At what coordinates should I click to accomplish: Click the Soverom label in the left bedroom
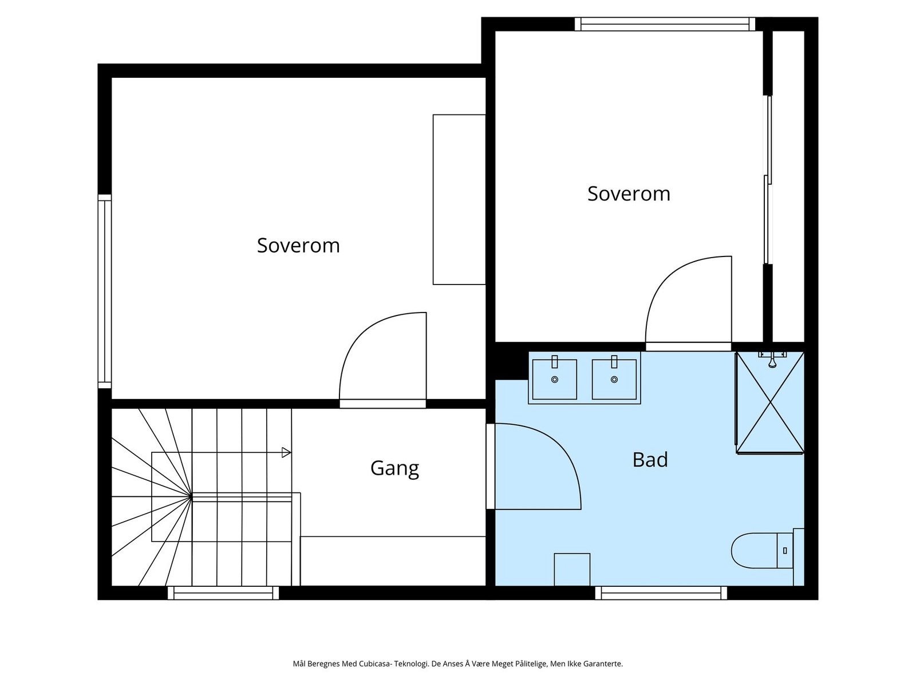(298, 246)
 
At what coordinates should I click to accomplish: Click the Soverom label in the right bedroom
(629, 194)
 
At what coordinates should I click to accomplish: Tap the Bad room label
(650, 460)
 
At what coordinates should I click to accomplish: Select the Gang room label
(394, 468)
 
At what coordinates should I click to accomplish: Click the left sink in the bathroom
(554, 379)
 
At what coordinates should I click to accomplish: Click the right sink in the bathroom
(614, 379)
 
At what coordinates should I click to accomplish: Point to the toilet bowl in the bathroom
(753, 551)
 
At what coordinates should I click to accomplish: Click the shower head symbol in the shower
(772, 360)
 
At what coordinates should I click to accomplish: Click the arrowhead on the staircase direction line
(286, 453)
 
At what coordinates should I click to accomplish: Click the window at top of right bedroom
(665, 24)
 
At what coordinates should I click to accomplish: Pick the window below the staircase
(223, 593)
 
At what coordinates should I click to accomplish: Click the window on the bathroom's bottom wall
(661, 593)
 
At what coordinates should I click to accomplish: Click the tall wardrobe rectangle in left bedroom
(459, 199)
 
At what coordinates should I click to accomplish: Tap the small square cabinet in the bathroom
(572, 569)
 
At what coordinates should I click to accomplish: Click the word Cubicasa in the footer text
(376, 664)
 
